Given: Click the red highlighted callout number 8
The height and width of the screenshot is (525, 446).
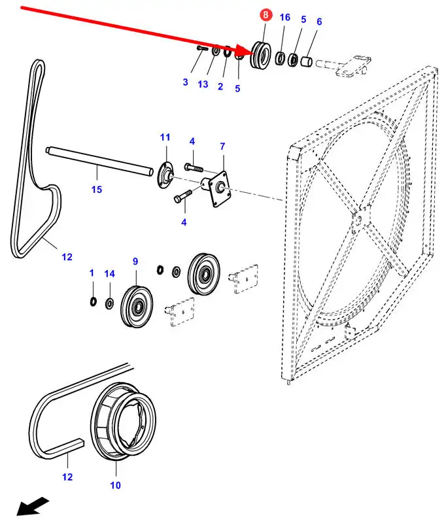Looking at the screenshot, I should (x=265, y=14).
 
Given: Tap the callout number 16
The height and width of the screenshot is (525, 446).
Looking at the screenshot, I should (x=284, y=17).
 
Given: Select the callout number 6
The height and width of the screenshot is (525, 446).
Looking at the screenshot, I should (x=319, y=22).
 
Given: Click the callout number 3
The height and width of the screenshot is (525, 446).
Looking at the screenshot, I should (x=185, y=82).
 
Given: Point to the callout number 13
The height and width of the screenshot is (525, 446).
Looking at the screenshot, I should (x=203, y=85).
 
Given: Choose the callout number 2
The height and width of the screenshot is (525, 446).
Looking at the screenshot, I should (x=220, y=86).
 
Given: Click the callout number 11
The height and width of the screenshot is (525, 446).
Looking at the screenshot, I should (x=165, y=137).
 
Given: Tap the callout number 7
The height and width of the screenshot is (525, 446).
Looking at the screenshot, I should (x=222, y=146).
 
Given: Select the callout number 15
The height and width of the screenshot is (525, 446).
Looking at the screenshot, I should (x=97, y=190).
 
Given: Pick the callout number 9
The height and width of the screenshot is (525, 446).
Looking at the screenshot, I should (x=135, y=262).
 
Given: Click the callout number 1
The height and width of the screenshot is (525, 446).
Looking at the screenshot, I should (x=92, y=273).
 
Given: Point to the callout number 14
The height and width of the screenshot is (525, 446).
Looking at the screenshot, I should (x=109, y=273).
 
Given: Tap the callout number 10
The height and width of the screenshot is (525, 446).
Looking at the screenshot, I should (x=115, y=485).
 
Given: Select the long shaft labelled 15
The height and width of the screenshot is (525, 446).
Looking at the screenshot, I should (x=98, y=162).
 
